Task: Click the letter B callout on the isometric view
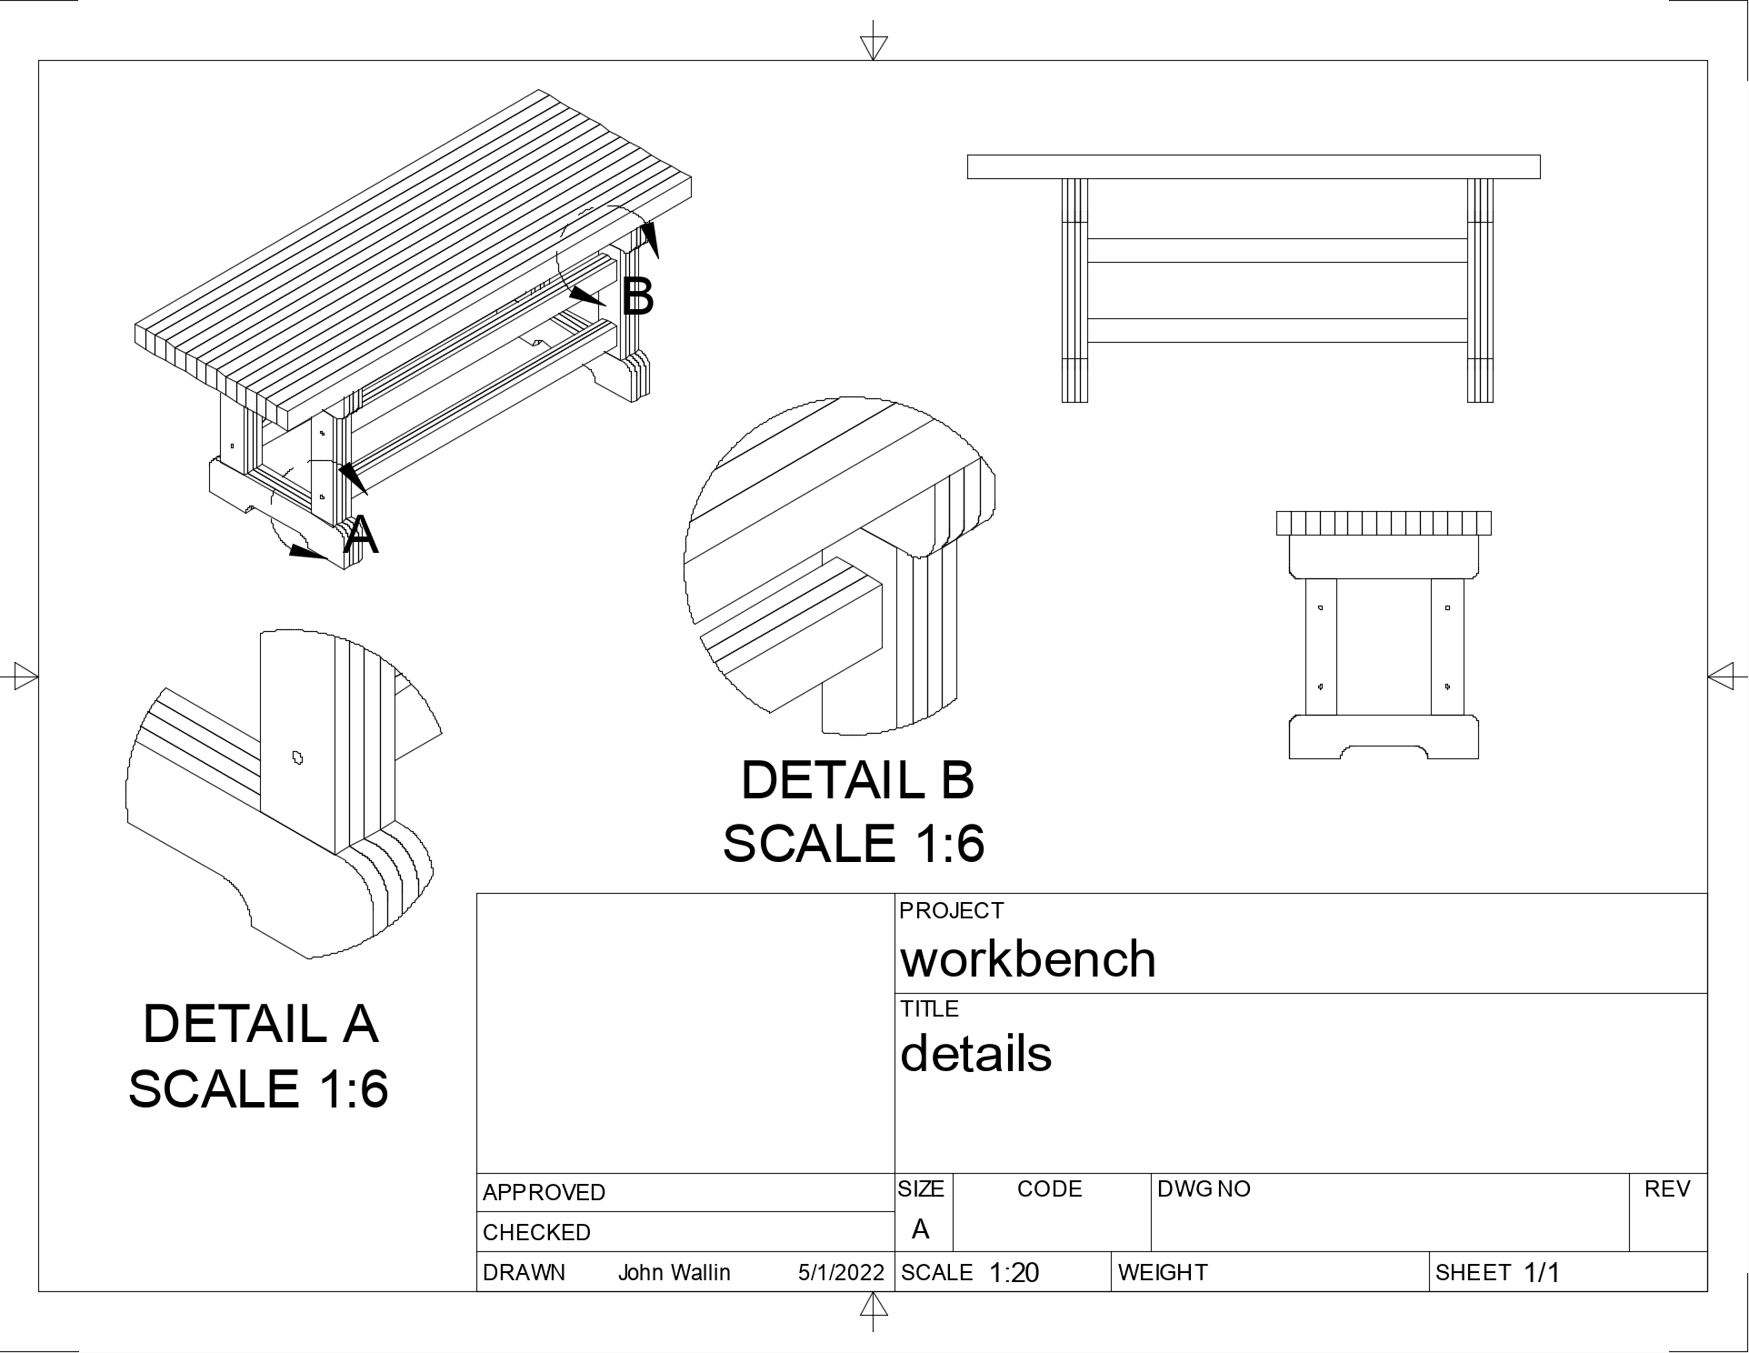click(637, 296)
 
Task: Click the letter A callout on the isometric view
click(361, 536)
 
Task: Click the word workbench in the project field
click(1027, 959)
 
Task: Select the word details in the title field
click(975, 1054)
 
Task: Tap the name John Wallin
click(674, 1272)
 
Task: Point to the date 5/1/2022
click(841, 1272)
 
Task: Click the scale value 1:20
click(1013, 1272)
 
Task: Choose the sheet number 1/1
click(1541, 1272)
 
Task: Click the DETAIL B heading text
click(857, 780)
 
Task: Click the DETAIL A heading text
click(260, 1024)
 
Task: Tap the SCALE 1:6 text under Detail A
click(258, 1087)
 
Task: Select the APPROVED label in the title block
click(544, 1192)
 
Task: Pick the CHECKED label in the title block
click(536, 1232)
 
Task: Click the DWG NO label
click(1203, 1188)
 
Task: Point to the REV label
click(1666, 1188)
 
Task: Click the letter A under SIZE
click(920, 1229)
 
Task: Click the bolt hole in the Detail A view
click(296, 757)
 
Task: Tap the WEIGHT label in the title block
click(1162, 1272)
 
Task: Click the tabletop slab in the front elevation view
click(1253, 166)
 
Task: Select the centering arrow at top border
click(873, 45)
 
